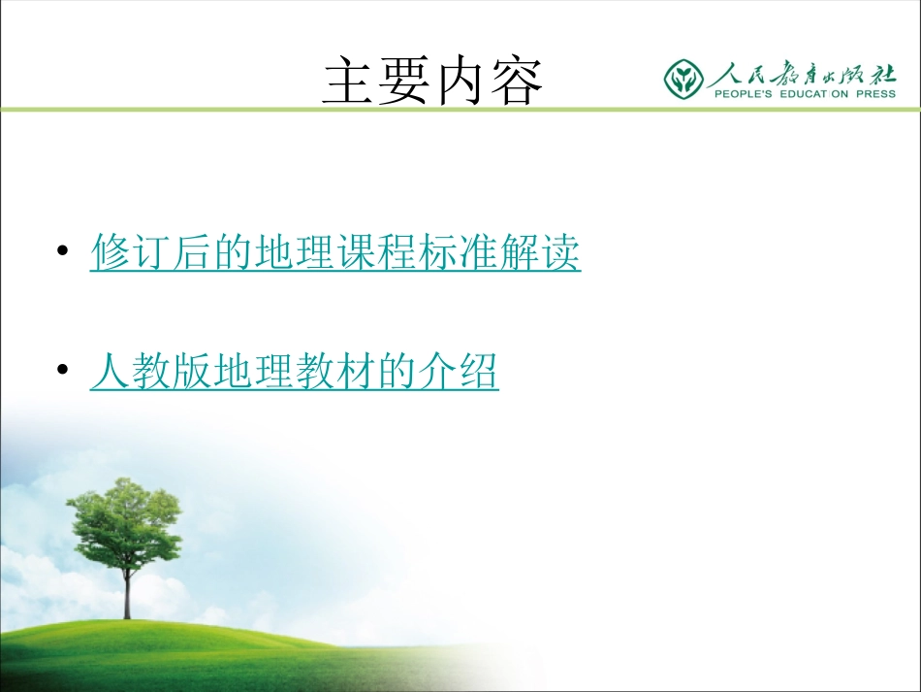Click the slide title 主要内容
point(432,80)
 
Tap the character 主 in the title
point(349,80)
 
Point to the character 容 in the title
point(517,80)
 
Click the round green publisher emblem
point(684,79)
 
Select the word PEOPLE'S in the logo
point(745,94)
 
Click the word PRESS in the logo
point(875,94)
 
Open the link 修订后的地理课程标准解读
point(335,253)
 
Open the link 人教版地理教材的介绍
point(294,372)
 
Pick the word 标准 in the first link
point(459,253)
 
